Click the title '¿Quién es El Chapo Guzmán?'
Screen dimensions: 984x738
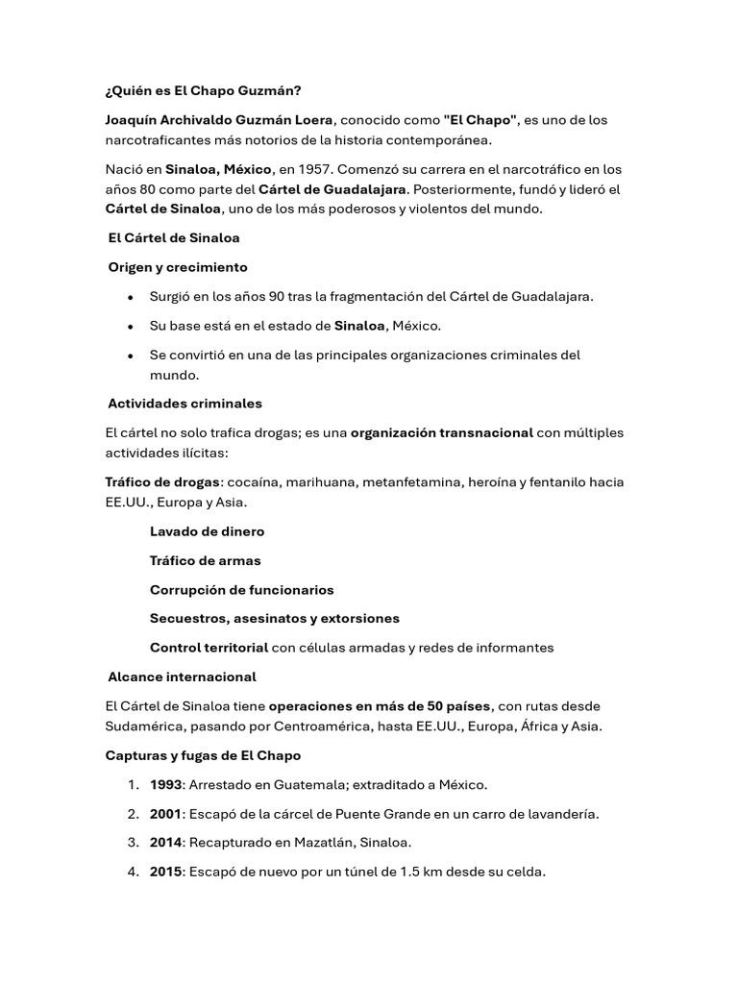tap(203, 91)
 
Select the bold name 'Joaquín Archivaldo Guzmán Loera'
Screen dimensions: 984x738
tap(219, 120)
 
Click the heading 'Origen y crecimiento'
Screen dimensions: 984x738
tap(178, 267)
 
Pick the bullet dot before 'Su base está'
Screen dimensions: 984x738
tap(130, 327)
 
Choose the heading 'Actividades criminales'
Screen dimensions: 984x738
tap(184, 404)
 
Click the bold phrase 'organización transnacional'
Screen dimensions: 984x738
tap(441, 432)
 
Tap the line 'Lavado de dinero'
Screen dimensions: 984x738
tap(207, 531)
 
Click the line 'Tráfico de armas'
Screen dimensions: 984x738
tap(205, 560)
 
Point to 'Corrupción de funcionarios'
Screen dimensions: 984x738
tap(241, 590)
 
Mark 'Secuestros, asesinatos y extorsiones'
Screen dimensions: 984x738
tap(274, 618)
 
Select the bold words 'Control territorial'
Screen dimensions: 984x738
tap(209, 648)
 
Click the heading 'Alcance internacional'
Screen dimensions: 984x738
tap(182, 677)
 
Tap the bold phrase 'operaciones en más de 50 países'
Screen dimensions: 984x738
tap(380, 706)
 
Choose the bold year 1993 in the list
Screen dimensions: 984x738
tap(165, 785)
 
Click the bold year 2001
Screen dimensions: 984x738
tap(165, 814)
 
